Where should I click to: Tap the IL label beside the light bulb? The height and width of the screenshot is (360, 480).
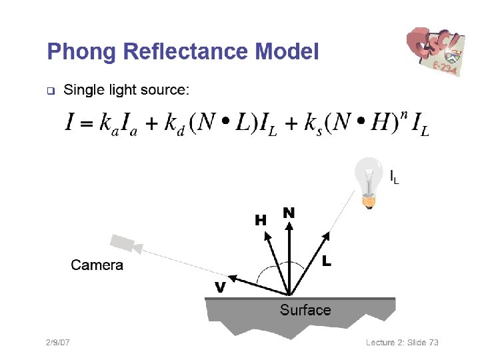coord(395,177)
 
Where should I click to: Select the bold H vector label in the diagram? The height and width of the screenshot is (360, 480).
coord(261,219)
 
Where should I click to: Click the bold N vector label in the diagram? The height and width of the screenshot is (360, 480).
coord(289,212)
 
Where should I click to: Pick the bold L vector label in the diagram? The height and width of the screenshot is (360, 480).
coord(327,261)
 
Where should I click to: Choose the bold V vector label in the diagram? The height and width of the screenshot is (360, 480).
coord(219,287)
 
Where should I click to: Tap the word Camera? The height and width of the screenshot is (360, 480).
coord(97,265)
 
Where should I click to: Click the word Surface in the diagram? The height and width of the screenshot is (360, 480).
coord(305,310)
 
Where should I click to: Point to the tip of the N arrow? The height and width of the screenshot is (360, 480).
coord(289,224)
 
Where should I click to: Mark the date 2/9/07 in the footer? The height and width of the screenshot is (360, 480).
coord(58,343)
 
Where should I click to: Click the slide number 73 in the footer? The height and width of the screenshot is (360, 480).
coord(433,343)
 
